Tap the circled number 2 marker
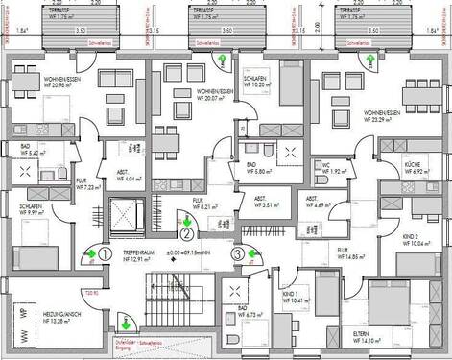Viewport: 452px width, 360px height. tap(188, 231)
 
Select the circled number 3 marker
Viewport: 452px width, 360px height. tap(237, 253)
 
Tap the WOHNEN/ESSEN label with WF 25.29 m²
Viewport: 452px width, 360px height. tap(377, 118)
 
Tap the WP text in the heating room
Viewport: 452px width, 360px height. tap(21, 312)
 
